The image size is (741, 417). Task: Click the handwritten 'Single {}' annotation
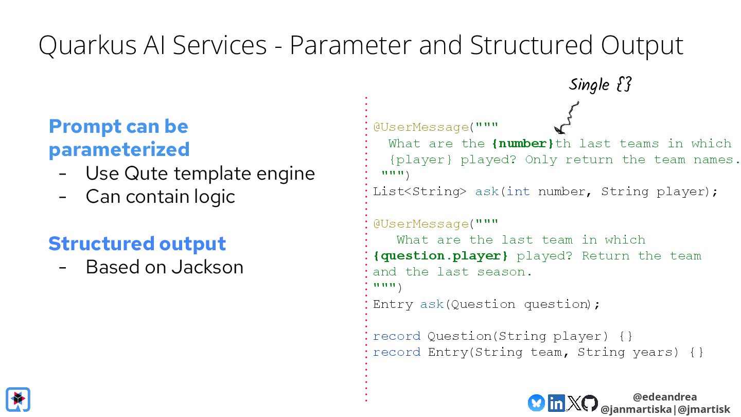pos(600,84)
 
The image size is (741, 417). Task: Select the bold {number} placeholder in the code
pos(523,144)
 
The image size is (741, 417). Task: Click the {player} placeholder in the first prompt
pos(420,160)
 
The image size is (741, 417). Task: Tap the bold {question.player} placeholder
pos(440,256)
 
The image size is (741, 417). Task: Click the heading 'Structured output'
pos(137,244)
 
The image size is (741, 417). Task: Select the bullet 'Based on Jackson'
pos(164,267)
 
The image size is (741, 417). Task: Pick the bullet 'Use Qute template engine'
pos(200,173)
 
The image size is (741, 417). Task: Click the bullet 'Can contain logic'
pos(160,196)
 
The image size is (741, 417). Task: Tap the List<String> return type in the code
pos(419,192)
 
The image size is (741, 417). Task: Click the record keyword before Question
pos(397,336)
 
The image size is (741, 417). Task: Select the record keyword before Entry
pos(397,352)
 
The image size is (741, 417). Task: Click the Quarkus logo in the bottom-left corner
pos(18,399)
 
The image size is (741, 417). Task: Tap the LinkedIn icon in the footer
pos(556,403)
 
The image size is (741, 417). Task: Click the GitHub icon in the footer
pos(590,403)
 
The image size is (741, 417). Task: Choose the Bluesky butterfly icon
pos(536,403)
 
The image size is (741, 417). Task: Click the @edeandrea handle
pos(665,397)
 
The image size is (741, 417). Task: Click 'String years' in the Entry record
pos(625,352)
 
